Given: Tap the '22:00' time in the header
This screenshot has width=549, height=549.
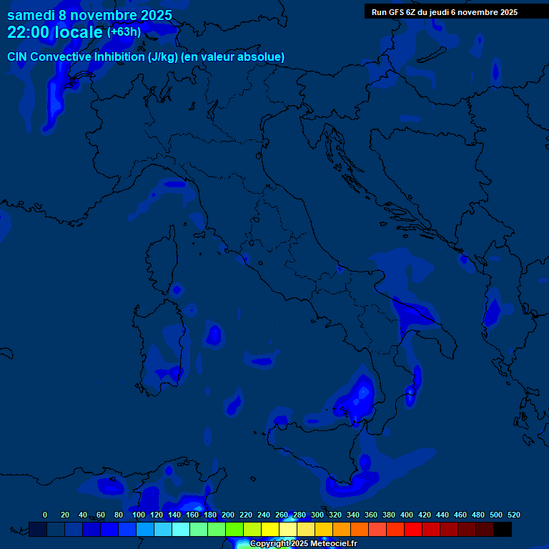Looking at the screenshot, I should [28, 32].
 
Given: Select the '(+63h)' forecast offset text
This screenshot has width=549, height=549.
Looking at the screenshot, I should [124, 32].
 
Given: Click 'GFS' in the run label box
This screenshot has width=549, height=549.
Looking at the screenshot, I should [397, 12].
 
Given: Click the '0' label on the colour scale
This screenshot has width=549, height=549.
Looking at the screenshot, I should [45, 515].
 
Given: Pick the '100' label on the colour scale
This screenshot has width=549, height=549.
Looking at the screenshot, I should [139, 515].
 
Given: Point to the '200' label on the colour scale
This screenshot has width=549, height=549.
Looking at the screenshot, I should [228, 515].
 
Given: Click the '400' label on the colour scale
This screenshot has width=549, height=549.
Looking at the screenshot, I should [407, 515].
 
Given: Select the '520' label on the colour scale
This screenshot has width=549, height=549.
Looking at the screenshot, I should [513, 515].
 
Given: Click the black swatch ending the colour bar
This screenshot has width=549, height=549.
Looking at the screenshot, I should [503, 529].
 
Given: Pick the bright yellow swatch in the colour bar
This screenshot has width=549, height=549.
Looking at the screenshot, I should [270, 529].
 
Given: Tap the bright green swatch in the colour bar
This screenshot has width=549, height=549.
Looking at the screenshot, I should [234, 529].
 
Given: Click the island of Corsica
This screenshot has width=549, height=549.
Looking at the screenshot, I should [162, 257].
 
